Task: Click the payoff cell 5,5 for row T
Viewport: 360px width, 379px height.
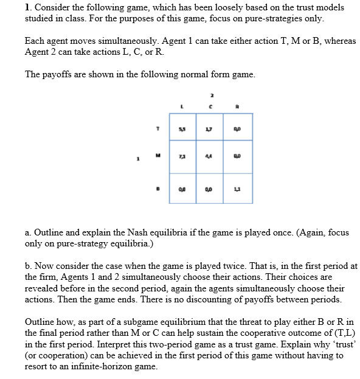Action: (x=181, y=128)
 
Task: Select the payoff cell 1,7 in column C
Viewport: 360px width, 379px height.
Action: (x=210, y=128)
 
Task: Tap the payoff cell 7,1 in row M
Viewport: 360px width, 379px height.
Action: (x=181, y=158)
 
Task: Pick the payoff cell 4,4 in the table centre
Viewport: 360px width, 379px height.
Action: (x=210, y=158)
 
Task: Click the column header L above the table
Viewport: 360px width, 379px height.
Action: (x=181, y=106)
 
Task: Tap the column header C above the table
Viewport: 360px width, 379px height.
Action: (x=210, y=106)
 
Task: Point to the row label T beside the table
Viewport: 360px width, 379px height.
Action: (x=159, y=128)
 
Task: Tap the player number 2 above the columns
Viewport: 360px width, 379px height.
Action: (x=210, y=94)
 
